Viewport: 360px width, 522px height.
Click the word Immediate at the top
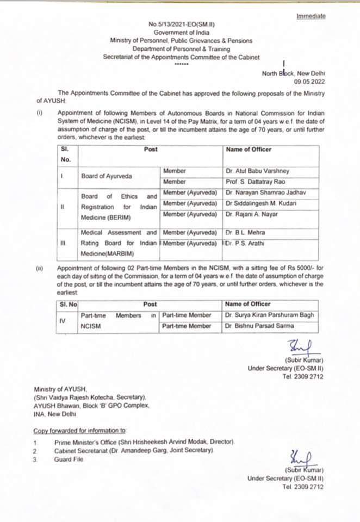point(311,16)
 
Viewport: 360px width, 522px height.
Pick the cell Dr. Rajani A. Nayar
point(251,214)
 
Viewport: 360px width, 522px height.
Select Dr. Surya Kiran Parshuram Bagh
point(269,315)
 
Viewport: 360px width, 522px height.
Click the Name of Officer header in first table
point(248,149)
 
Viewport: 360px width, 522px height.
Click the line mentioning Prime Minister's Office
point(144,443)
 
